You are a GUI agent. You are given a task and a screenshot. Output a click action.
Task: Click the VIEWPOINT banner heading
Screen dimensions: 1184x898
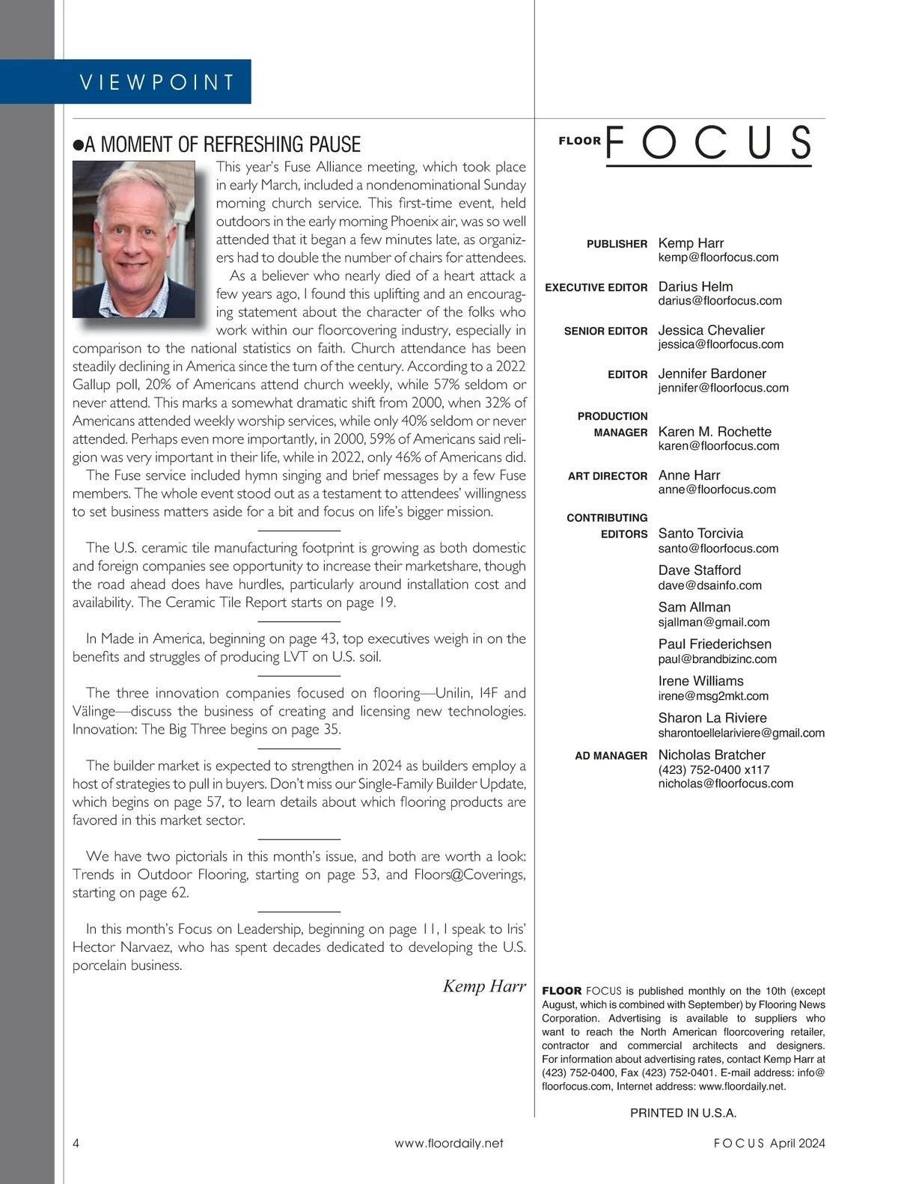point(157,82)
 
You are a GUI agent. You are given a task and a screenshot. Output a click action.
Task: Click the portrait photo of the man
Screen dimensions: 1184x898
point(134,239)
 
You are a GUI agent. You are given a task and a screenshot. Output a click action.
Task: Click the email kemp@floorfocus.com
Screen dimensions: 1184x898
point(718,257)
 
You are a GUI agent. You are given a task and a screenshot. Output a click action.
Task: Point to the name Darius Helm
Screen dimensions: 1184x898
point(695,287)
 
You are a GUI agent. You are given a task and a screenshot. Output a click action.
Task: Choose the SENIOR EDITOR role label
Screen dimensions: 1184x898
point(605,331)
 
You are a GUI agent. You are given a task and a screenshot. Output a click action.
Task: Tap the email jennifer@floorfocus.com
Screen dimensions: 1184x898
point(723,388)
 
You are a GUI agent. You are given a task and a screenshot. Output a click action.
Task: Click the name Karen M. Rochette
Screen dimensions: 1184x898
point(714,432)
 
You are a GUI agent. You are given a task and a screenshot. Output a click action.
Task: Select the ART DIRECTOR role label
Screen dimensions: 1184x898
point(607,476)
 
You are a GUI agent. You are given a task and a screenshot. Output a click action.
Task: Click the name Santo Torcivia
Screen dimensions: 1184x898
point(700,534)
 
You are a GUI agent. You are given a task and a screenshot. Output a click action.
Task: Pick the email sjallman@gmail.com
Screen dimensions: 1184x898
point(713,622)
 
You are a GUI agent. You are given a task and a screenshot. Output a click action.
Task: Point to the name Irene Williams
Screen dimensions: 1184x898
point(700,681)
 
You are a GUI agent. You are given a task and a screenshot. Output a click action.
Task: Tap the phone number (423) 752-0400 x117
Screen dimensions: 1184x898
point(713,769)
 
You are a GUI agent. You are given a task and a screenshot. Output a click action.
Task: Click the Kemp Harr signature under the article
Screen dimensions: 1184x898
point(484,986)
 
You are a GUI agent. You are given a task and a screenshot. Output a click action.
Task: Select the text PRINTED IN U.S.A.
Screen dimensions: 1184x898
point(682,1113)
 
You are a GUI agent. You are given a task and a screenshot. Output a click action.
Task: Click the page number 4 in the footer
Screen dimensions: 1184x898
point(76,1143)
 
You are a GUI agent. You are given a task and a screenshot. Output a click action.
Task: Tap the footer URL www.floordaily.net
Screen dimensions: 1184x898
point(448,1143)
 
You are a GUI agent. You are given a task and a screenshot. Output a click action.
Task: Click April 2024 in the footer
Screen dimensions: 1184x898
point(797,1143)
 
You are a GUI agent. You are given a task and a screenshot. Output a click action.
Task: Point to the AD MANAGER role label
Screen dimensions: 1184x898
point(611,756)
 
